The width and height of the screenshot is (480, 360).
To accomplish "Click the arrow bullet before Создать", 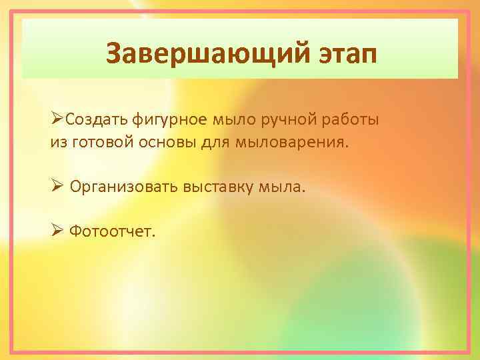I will tap(56, 120).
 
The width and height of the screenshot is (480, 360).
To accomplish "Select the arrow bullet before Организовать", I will tap(56, 187).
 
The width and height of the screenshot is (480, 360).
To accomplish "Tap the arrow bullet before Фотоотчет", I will tap(56, 231).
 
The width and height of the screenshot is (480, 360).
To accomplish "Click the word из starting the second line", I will tap(57, 142).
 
